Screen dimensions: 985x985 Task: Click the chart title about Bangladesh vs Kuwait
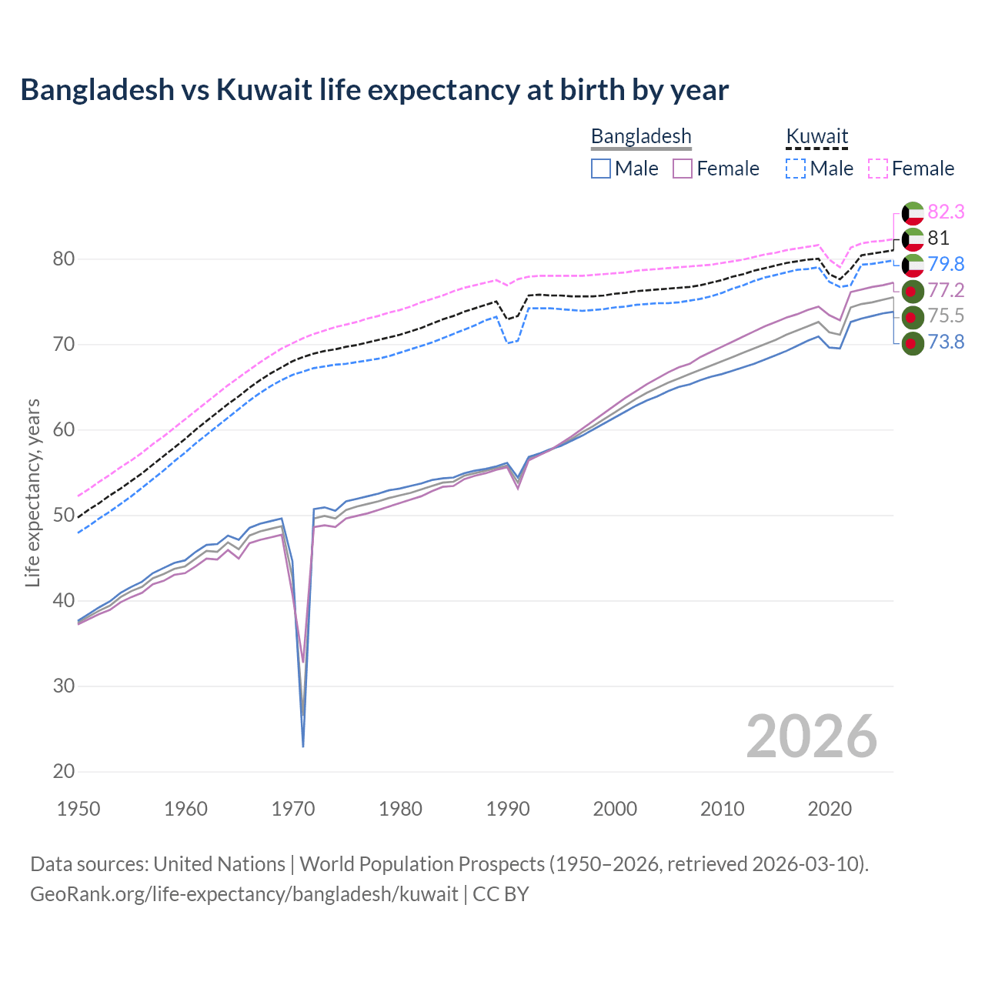pyautogui.click(x=374, y=90)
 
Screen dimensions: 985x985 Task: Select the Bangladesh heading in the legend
pyautogui.click(x=641, y=136)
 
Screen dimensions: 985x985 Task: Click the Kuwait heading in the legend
pyautogui.click(x=816, y=136)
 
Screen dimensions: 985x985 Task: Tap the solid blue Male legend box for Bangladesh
pyautogui.click(x=601, y=169)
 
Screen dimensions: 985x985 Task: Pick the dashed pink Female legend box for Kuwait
pyautogui.click(x=878, y=169)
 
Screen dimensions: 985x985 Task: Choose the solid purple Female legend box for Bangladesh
pyautogui.click(x=683, y=169)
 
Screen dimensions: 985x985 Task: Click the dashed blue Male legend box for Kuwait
pyautogui.click(x=796, y=169)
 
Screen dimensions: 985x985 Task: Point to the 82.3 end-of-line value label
pyautogui.click(x=946, y=212)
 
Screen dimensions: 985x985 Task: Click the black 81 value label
pyautogui.click(x=938, y=238)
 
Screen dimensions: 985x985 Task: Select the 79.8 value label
pyautogui.click(x=946, y=264)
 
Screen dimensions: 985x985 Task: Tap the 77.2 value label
pyautogui.click(x=946, y=290)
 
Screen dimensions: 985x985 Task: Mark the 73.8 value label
pyautogui.click(x=946, y=342)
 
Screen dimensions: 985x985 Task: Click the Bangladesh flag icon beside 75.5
pyautogui.click(x=912, y=316)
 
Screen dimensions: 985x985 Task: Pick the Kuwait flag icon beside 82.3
pyautogui.click(x=912, y=212)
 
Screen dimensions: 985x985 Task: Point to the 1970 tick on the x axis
pyautogui.click(x=293, y=809)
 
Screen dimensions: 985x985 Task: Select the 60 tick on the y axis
pyautogui.click(x=64, y=429)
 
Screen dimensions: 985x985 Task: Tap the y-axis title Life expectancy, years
pyautogui.click(x=32, y=492)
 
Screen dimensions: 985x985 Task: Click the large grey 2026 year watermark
pyautogui.click(x=811, y=736)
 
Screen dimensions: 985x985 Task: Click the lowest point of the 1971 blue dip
pyautogui.click(x=303, y=746)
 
